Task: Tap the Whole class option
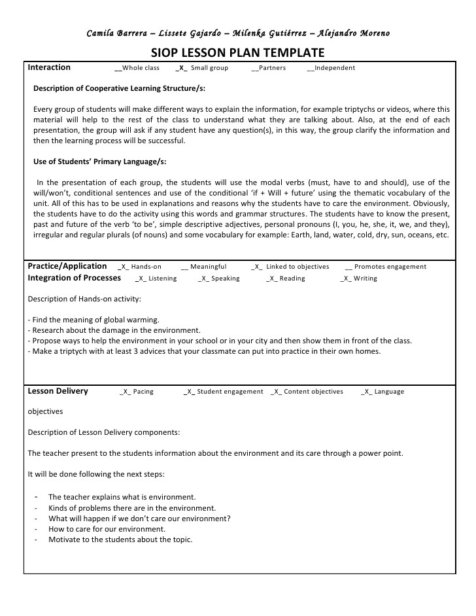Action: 137,68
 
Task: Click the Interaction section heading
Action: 50,67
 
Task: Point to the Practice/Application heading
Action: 67,266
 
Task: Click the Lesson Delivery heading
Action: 58,391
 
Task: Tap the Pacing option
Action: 137,392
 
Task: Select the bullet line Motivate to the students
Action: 120,539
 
